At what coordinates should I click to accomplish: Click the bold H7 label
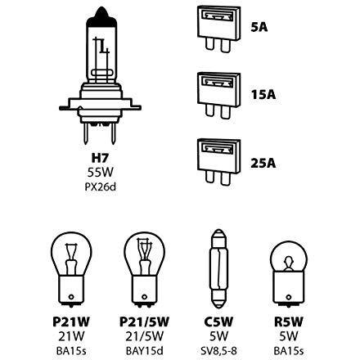100,158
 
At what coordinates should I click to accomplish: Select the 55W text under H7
100,173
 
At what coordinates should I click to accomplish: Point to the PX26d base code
101,187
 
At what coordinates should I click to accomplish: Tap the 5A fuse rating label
259,27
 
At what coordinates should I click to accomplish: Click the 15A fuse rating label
263,95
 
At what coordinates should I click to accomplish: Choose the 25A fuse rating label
263,163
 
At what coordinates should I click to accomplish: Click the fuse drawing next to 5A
219,29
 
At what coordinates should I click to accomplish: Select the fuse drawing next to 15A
219,96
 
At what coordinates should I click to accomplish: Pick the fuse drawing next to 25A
219,162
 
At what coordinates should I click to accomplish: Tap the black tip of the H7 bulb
101,18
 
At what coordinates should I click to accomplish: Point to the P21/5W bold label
144,322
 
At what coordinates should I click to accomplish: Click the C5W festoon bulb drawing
218,268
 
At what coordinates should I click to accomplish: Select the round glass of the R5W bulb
289,258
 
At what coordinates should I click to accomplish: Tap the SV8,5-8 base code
218,351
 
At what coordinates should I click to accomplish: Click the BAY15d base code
145,351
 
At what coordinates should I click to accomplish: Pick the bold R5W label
289,322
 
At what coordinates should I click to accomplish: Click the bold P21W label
71,322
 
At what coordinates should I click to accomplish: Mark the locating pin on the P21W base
71,297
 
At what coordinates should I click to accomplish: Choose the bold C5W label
218,322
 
